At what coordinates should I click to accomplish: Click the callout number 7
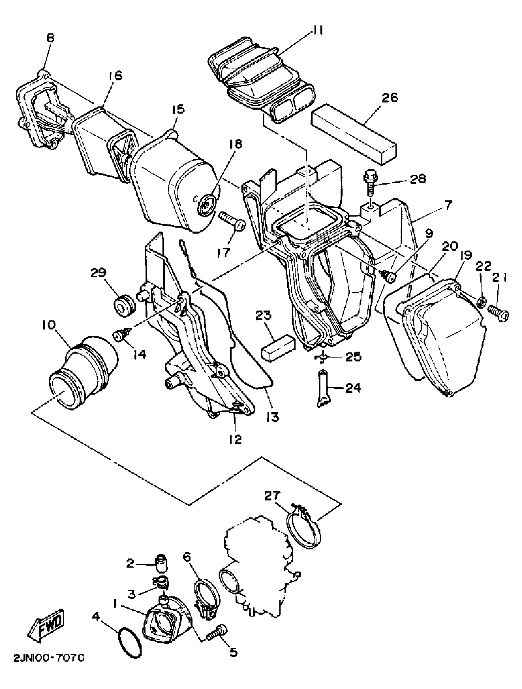448,206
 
